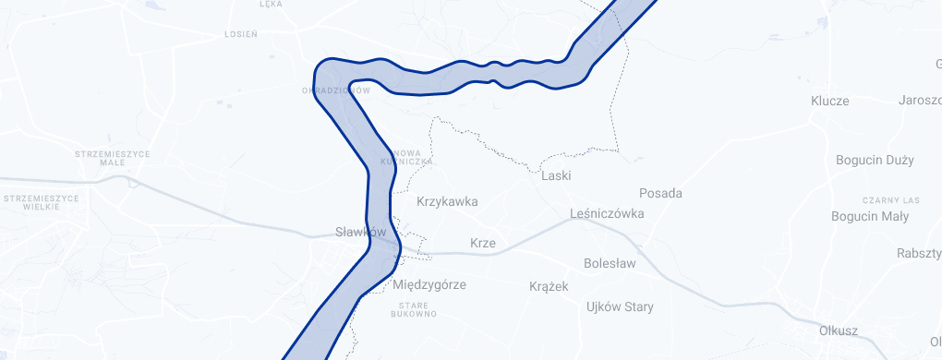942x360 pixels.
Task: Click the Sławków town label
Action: click(359, 233)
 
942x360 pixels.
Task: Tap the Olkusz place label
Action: click(839, 330)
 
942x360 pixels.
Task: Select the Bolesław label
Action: click(610, 263)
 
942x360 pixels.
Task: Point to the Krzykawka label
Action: click(447, 200)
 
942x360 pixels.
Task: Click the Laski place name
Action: click(557, 175)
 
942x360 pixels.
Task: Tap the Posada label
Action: click(660, 193)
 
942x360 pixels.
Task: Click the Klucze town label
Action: click(829, 101)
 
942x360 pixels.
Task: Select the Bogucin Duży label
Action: click(874, 160)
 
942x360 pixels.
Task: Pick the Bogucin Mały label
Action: click(873, 217)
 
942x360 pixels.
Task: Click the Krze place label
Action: click(483, 244)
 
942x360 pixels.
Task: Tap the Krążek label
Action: click(549, 286)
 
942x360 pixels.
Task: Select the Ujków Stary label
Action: click(620, 306)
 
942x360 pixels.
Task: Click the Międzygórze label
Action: click(429, 284)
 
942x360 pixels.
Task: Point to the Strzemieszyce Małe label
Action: click(113, 158)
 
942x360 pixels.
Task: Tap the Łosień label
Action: click(241, 33)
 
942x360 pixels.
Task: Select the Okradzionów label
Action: click(336, 90)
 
